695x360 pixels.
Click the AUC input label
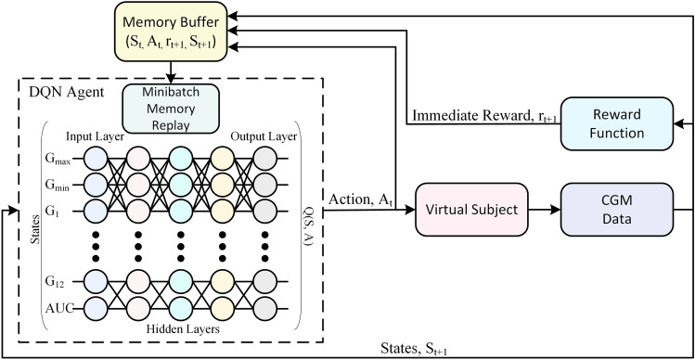tap(57, 305)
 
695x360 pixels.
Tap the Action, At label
tap(360, 198)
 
